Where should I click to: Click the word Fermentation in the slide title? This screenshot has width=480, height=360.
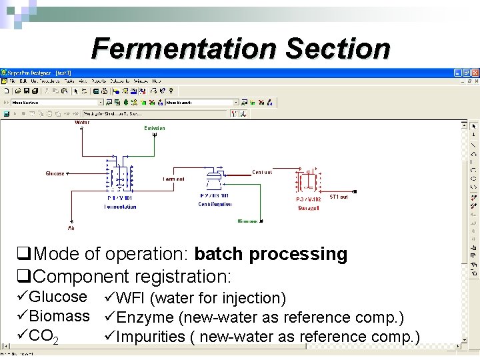(x=185, y=49)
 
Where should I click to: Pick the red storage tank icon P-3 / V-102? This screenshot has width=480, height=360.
(x=309, y=181)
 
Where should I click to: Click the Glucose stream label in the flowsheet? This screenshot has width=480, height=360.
(x=55, y=173)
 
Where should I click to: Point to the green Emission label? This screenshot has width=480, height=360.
(x=155, y=128)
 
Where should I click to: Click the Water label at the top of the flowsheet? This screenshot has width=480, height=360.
(x=82, y=123)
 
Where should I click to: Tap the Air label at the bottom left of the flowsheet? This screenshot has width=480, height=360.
(x=71, y=228)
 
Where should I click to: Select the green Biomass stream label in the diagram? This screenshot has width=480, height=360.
(x=248, y=221)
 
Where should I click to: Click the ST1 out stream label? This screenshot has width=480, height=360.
(x=339, y=197)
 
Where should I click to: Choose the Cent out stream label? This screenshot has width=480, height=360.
(x=262, y=172)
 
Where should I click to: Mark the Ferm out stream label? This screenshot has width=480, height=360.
(x=173, y=179)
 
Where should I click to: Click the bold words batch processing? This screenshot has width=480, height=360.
(x=271, y=254)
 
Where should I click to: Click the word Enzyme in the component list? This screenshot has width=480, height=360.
(x=145, y=317)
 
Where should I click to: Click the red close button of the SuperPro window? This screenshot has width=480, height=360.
(x=475, y=72)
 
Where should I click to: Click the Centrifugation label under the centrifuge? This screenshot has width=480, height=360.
(x=215, y=205)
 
